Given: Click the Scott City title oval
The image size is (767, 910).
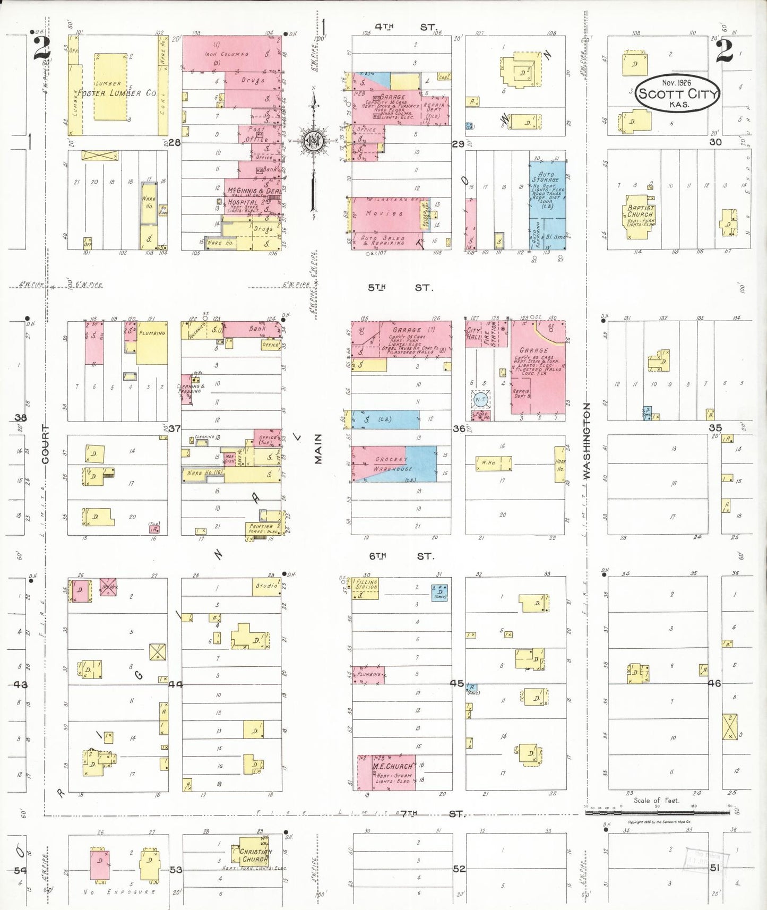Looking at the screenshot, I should click(x=678, y=93).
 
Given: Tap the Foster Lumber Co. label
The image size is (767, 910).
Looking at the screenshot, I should click(x=117, y=93).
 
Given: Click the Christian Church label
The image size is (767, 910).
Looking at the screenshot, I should click(x=255, y=855).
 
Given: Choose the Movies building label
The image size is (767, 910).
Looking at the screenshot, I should click(x=384, y=213).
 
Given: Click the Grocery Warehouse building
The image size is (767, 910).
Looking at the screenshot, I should click(x=393, y=464).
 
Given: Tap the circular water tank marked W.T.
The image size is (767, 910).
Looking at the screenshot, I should click(x=480, y=399).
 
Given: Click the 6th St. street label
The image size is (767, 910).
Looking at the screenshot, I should click(x=401, y=556).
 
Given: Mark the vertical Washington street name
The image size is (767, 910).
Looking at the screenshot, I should click(x=587, y=441).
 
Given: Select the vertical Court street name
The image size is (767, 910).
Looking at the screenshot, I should click(x=45, y=444).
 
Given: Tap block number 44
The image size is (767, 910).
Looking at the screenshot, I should click(x=175, y=684).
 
